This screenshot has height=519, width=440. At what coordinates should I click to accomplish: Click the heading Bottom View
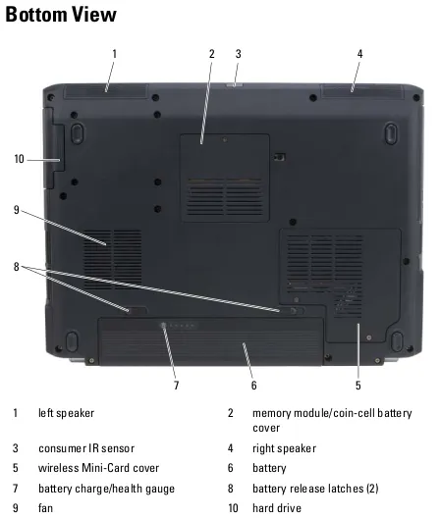point(61,15)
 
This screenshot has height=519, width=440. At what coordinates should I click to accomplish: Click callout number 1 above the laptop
point(115,54)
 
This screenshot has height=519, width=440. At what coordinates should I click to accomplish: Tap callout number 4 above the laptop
point(359,54)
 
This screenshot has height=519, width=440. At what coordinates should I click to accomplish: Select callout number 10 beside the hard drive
point(19,159)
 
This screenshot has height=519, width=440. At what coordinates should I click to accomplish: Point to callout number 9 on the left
point(17,210)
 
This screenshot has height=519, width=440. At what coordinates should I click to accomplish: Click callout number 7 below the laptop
point(176,386)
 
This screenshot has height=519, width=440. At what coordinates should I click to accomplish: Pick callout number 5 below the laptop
point(357,386)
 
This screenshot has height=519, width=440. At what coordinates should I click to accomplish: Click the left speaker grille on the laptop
point(105,90)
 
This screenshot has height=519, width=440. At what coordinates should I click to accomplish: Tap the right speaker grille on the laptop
point(362,91)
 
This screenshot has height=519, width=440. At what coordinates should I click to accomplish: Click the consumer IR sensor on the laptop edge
point(235,85)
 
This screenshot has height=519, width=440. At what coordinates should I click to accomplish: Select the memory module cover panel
point(225,178)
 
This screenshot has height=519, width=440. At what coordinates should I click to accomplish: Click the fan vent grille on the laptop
point(113,259)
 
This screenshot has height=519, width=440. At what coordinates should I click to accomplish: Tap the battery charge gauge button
point(163,326)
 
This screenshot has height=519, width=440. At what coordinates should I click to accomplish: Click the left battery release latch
point(137,310)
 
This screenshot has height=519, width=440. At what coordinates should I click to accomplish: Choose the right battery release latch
point(293,310)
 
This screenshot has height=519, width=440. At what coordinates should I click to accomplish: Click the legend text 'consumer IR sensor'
point(86,448)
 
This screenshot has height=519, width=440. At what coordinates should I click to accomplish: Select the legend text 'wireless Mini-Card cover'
point(99,468)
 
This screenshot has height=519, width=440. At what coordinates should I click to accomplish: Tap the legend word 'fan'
point(46,508)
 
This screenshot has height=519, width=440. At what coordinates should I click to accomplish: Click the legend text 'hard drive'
point(277,508)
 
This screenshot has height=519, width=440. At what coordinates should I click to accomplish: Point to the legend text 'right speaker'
point(284,448)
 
